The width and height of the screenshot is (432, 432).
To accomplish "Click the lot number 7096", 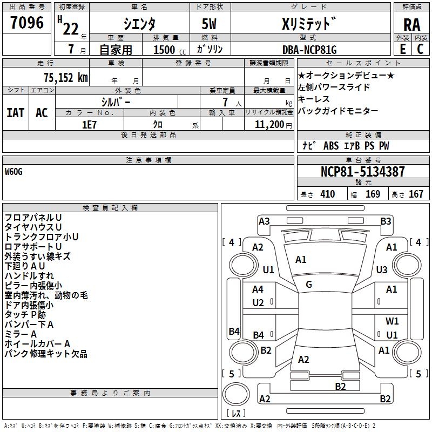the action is [27, 23].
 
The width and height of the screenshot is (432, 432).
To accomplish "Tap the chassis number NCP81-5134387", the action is [362, 172].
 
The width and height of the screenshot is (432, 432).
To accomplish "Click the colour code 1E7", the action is [89, 124].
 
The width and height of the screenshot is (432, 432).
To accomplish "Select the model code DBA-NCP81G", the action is [309, 50].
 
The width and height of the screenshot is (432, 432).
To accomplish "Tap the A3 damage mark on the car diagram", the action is [264, 221].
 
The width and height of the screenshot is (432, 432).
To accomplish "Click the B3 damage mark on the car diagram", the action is [386, 221].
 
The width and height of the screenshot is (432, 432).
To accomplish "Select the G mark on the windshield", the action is [309, 284].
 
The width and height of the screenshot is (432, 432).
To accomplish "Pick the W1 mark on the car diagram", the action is [392, 321].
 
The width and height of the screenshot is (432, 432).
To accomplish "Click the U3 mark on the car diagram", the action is [382, 269].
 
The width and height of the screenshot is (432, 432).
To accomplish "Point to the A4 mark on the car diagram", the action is [258, 289].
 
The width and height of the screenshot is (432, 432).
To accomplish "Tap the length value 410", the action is [327, 194].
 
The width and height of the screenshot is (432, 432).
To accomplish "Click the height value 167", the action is [416, 194].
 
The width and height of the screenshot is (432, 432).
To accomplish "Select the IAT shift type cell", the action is [15, 113].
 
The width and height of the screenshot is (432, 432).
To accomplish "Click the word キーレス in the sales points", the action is [314, 99].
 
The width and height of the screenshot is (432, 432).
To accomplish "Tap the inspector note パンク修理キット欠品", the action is [46, 354].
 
